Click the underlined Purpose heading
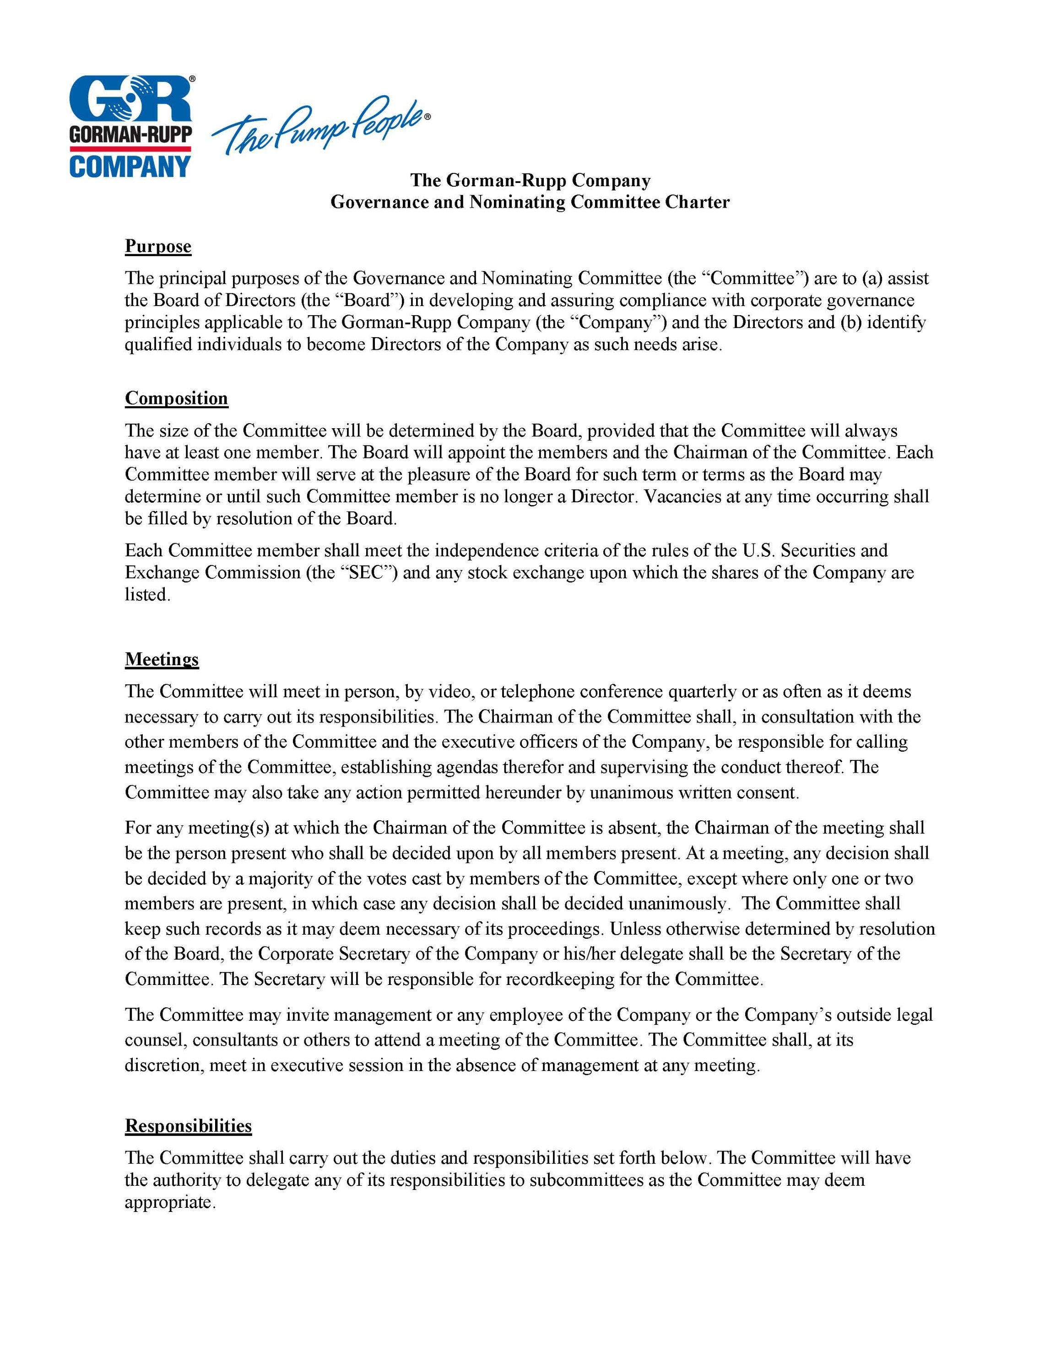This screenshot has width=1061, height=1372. [x=158, y=246]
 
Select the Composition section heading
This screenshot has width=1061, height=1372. [x=176, y=398]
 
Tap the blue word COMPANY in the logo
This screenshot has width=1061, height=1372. [x=130, y=166]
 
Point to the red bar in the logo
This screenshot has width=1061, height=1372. [x=130, y=148]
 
